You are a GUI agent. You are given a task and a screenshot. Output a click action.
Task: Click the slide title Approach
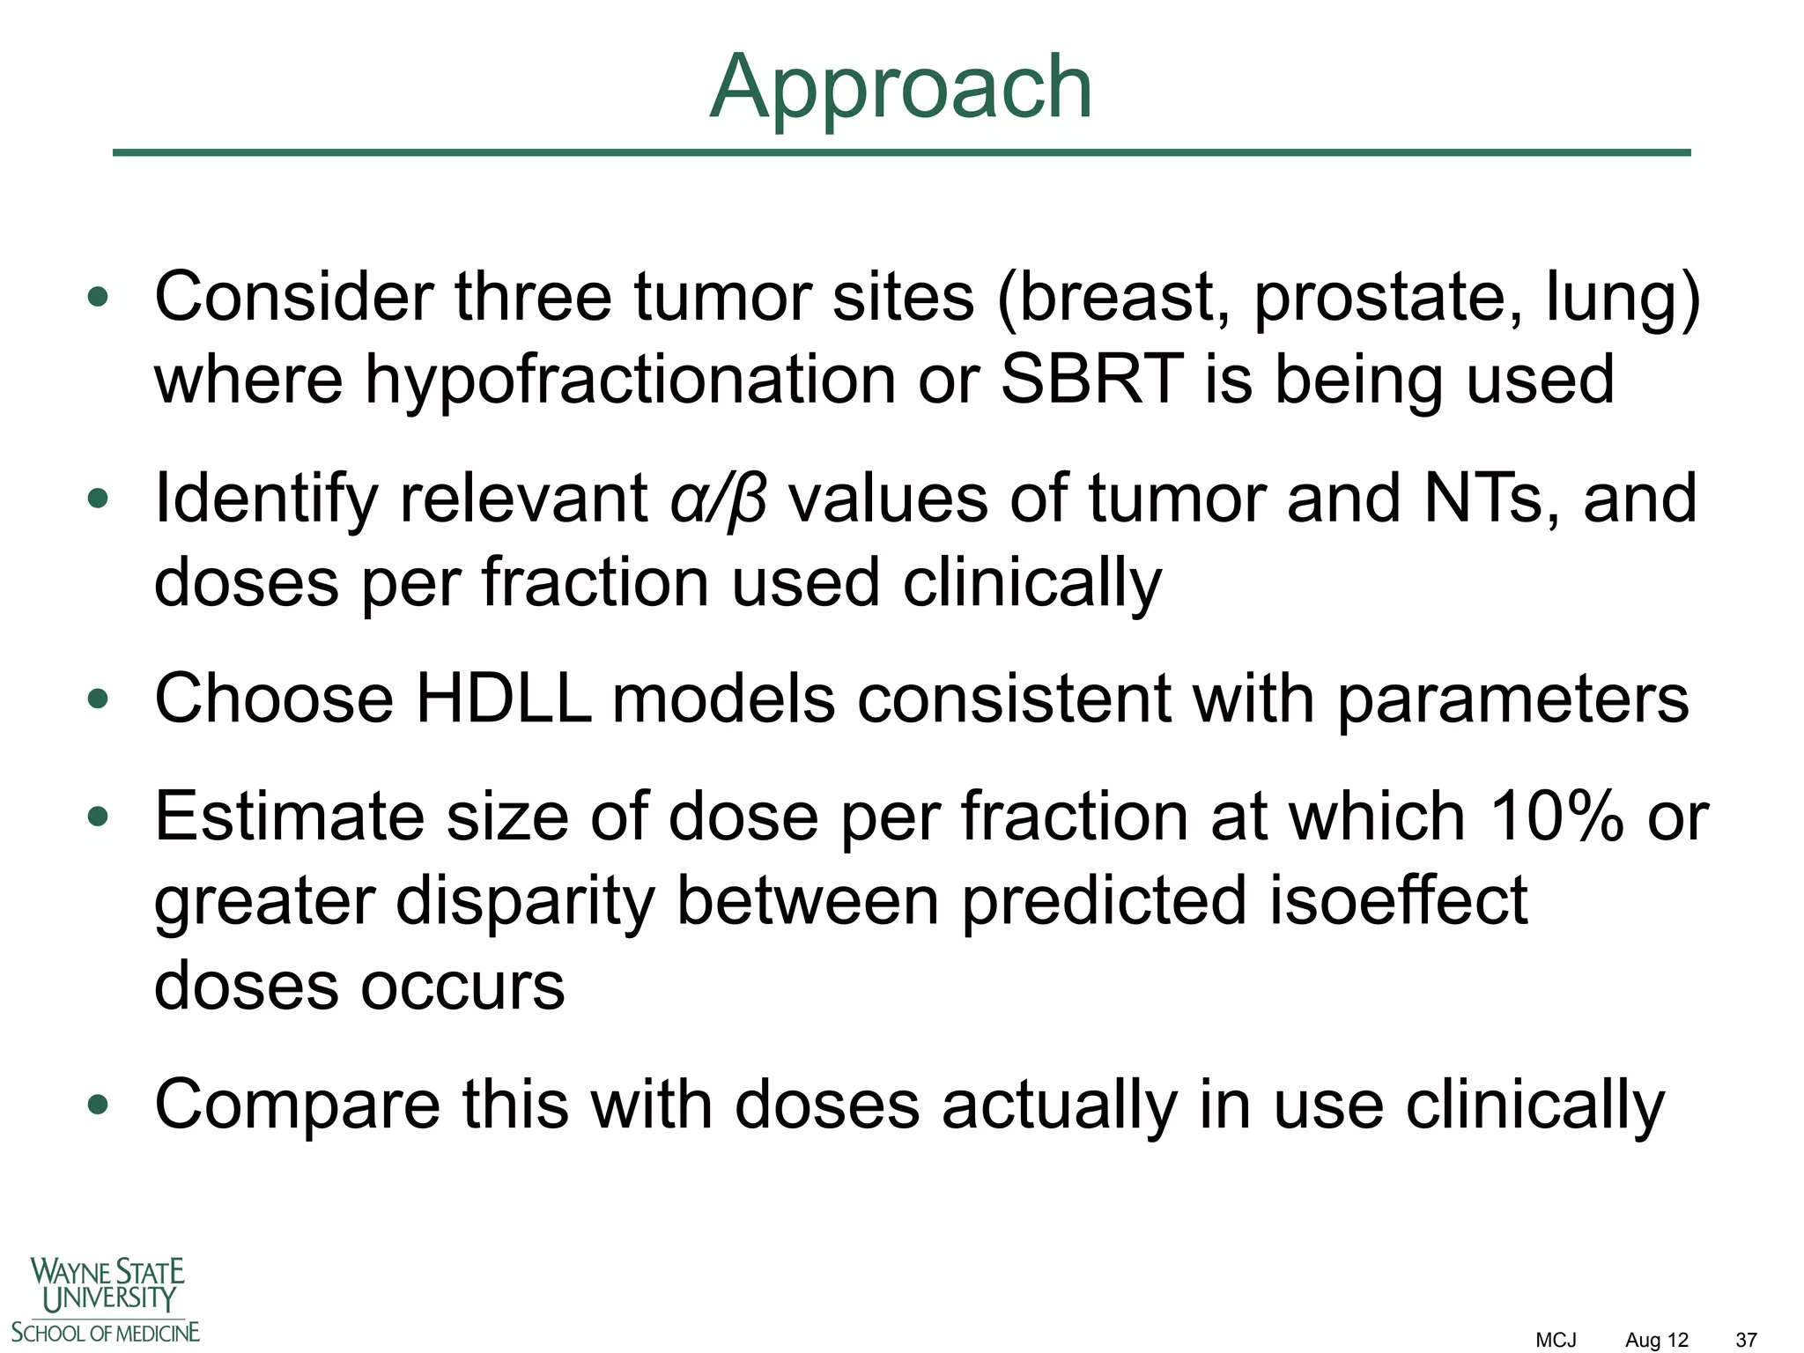tap(900, 88)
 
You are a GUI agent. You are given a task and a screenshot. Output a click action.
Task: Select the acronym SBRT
tap(1091, 380)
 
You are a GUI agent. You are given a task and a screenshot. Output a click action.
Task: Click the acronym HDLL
tap(503, 699)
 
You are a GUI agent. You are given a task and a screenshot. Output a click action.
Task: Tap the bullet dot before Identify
tap(98, 499)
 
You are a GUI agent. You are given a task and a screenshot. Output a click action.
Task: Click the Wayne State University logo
tap(106, 1299)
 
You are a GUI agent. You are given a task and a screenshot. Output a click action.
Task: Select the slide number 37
tap(1746, 1340)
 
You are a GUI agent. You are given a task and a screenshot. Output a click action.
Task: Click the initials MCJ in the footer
tap(1556, 1340)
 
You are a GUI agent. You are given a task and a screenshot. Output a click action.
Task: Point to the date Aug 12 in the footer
tap(1656, 1340)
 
